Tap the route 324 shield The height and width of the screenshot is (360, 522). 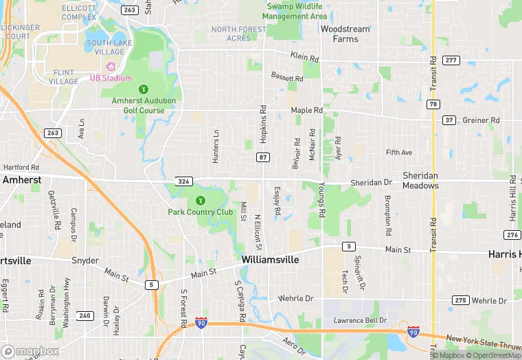pos(183,179)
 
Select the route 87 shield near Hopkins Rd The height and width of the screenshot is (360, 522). pos(263,157)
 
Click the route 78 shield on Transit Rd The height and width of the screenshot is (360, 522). pos(433,104)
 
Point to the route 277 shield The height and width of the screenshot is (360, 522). pos(451,60)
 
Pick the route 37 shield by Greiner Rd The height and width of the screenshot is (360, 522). pos(449,120)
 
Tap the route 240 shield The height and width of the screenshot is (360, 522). pos(84,315)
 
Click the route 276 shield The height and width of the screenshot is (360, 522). pos(512,235)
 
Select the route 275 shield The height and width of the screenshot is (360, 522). pos(460,300)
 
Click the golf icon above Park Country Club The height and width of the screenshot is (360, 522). pos(201,201)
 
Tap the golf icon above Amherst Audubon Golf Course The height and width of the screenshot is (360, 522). pos(144,89)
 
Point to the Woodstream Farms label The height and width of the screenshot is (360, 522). pos(345,34)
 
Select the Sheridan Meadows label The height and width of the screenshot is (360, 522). pos(420,181)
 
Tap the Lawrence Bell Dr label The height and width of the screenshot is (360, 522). pos(361,321)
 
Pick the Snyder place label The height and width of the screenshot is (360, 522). pos(86,261)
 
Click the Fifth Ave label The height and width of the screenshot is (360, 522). pos(399,153)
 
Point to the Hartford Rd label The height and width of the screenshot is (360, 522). pos(21,167)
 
